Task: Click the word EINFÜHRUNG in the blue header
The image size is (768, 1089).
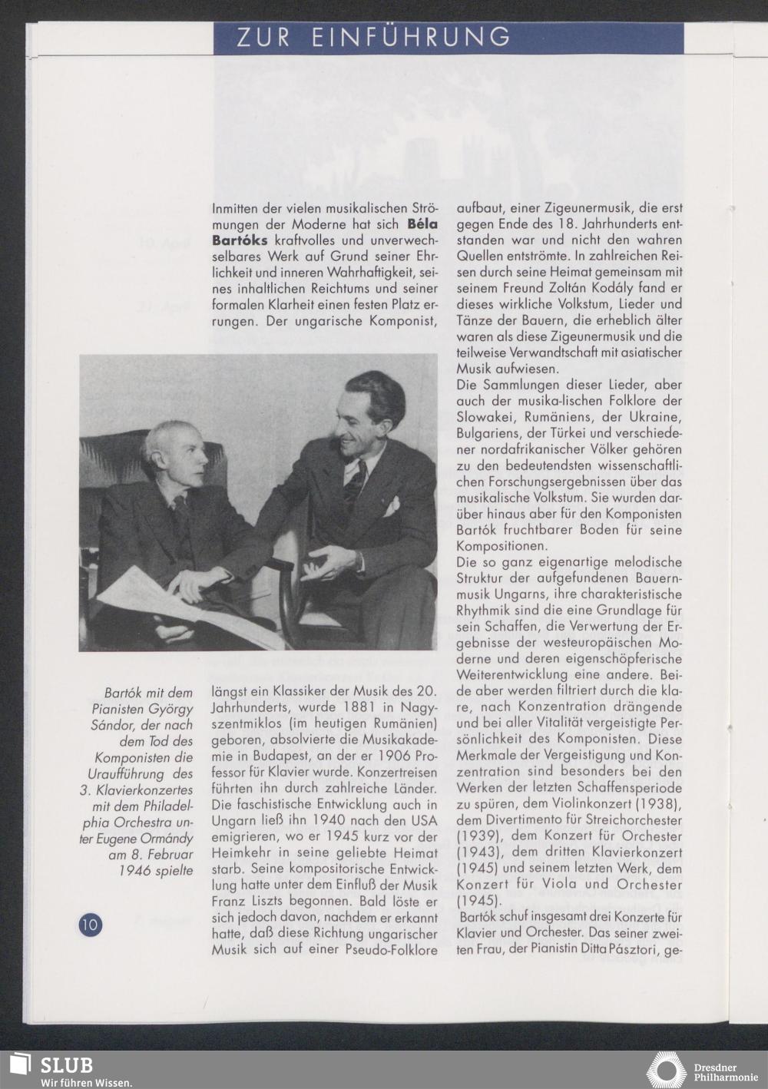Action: (x=411, y=37)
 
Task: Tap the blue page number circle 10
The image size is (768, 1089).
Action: (x=90, y=924)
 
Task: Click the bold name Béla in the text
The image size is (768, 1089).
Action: (x=422, y=224)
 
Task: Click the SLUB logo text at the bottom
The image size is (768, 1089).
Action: (x=67, y=1066)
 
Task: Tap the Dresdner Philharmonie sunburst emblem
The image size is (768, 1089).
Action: (x=666, y=1071)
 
